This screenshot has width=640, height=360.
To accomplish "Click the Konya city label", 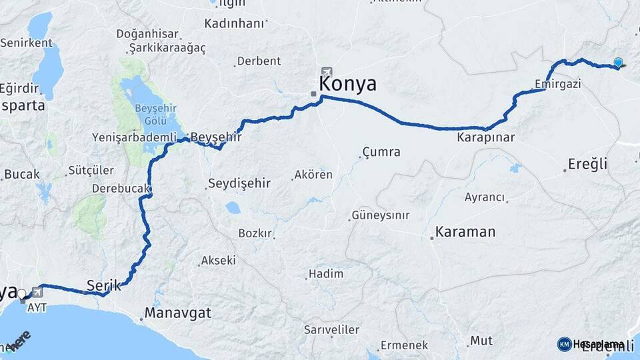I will point(347,84).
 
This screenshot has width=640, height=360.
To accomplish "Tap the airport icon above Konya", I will point(326,72).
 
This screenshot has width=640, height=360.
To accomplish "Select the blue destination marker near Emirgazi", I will point(619,63).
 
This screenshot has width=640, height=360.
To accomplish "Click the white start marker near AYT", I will point(21,293).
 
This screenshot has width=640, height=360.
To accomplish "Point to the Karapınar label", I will point(485,138).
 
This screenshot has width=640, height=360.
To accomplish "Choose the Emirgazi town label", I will point(557,84).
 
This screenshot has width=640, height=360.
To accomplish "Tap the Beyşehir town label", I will point(215,137).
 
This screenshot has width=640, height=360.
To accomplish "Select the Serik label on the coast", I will point(103,285).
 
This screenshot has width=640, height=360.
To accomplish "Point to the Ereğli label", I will point(587,164).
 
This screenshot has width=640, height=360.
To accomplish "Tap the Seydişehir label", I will point(239,183).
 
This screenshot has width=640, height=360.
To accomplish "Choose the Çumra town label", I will point(381,152).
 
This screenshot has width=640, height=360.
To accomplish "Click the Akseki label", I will point(218,260).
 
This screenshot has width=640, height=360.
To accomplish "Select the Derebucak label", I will point(120,189).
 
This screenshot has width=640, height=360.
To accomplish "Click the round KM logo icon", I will point(564,344).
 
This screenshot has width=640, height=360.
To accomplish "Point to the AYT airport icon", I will point(35,291).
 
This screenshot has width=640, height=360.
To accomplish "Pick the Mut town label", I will point(481,341).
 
